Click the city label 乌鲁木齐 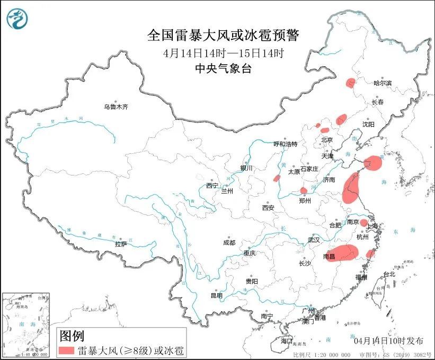coord(116,107)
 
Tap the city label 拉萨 coord(121,244)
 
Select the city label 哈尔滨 coord(383,83)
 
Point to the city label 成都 coord(229,242)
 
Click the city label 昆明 coord(217,295)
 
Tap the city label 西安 coord(268,208)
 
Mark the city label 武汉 coord(314,240)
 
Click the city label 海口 coord(287,340)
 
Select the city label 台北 coord(389,274)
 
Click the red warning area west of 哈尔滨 coord(350,83)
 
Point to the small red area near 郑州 coord(304,190)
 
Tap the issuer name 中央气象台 coord(223,68)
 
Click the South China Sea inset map coord(26,324)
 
